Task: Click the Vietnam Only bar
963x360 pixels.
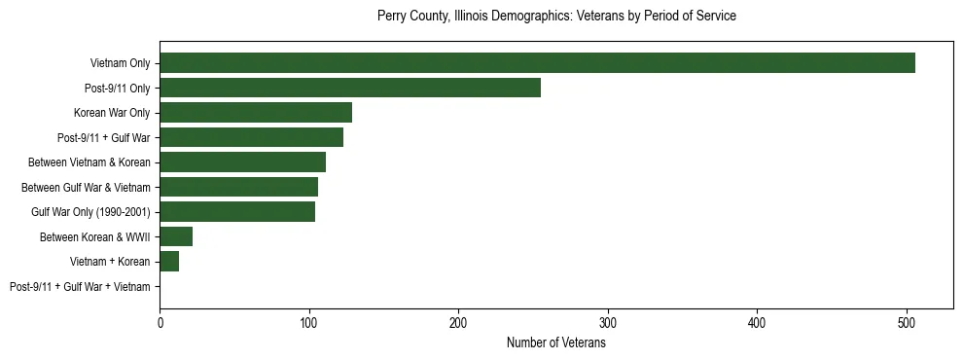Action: [x=537, y=63]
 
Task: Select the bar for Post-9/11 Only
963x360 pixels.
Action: [x=350, y=88]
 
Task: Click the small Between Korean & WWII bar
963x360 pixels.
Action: [x=176, y=236]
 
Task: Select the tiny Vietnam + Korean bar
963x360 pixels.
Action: [x=169, y=262]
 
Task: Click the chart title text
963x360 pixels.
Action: [x=556, y=17]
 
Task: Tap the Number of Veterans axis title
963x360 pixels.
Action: [x=556, y=343]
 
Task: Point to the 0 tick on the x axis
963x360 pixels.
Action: [x=160, y=322]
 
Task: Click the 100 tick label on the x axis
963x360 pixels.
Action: [x=309, y=322]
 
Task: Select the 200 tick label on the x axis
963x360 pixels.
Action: [x=458, y=322]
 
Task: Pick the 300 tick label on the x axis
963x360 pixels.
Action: [x=608, y=322]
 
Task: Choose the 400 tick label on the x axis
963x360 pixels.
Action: [x=757, y=322]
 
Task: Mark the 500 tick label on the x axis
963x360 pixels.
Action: [x=907, y=322]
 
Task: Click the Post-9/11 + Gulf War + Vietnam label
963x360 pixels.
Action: [x=80, y=287]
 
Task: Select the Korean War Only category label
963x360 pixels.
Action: [x=112, y=113]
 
